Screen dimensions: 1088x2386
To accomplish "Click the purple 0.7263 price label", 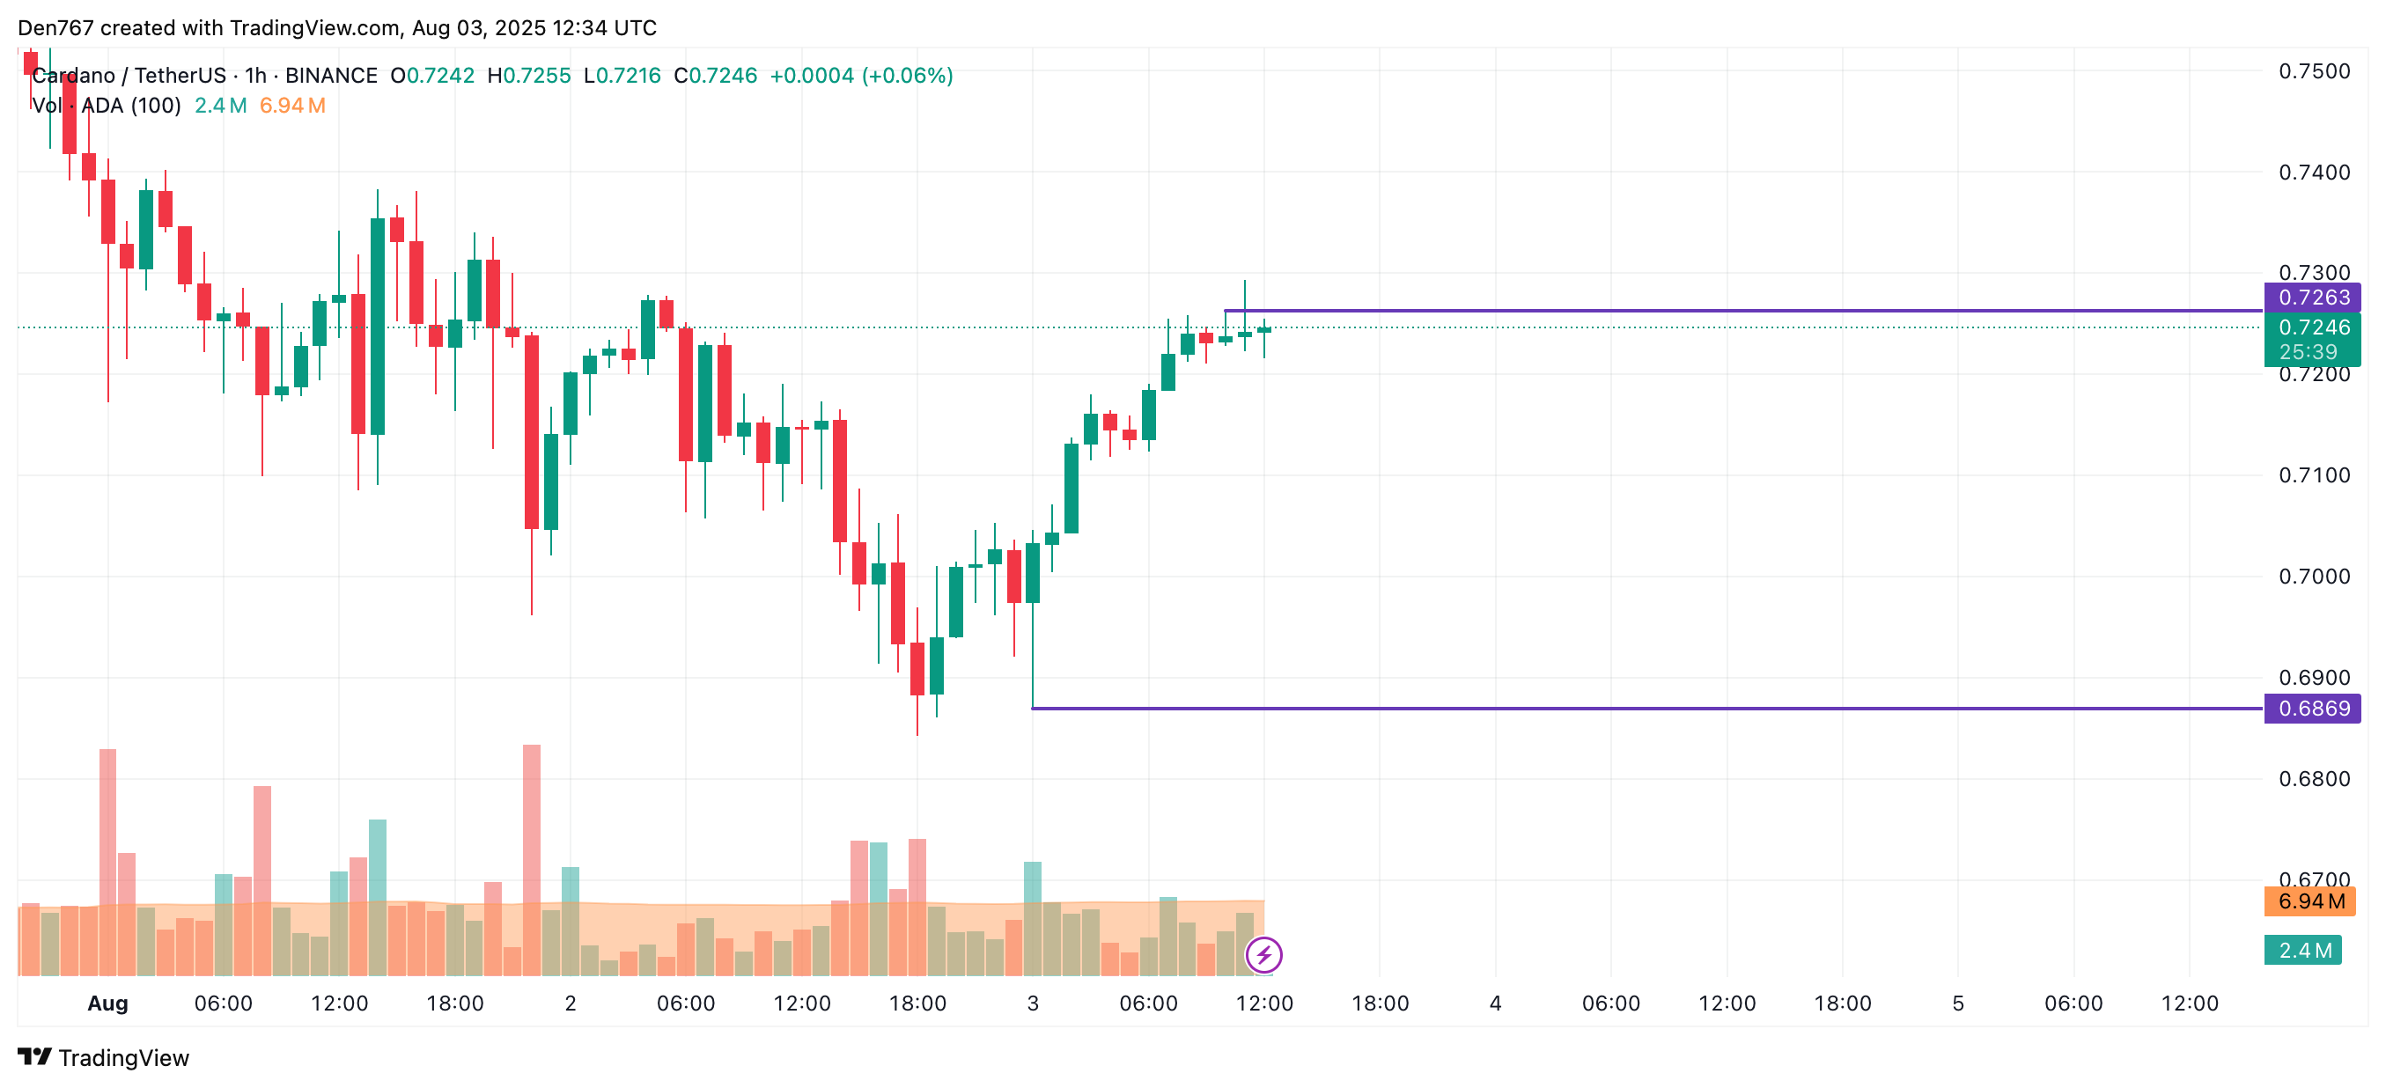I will (x=2312, y=298).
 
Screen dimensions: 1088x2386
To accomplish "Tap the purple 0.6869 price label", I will (x=2312, y=709).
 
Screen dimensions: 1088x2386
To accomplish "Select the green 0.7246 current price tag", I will (x=2312, y=327).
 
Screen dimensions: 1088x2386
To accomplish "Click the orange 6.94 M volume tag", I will (x=2310, y=901).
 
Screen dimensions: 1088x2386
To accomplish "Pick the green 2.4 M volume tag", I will (x=2302, y=950).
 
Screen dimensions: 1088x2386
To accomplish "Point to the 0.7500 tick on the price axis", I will (x=2314, y=71).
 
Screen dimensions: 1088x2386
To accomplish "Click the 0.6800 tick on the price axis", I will (x=2314, y=779).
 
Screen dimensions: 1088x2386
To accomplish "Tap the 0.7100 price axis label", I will (x=2314, y=475).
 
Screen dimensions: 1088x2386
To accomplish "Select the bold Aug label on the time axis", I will (x=107, y=1003).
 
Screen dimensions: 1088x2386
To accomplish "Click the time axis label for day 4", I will (x=1495, y=1003).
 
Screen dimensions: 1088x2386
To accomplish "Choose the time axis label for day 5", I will (x=1957, y=1003).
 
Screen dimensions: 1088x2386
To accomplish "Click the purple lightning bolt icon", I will (x=1263, y=953).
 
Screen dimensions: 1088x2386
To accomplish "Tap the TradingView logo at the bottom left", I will (x=104, y=1057).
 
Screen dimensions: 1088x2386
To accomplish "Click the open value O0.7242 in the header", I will (x=431, y=75).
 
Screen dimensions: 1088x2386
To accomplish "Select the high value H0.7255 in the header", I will (x=529, y=75).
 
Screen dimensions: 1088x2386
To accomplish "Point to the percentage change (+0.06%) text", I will (x=907, y=75).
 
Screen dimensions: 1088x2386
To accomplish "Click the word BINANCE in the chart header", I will (x=331, y=75).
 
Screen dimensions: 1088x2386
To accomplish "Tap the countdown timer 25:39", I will (x=2308, y=352).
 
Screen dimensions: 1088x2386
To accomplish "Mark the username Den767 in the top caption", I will (x=55, y=28).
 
